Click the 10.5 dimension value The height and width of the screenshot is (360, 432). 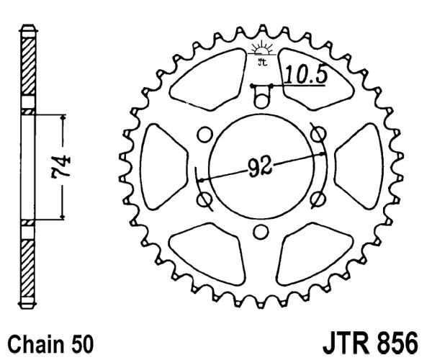pos(306,74)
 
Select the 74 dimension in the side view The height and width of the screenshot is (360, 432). pos(61,167)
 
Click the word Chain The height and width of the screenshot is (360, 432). pos(35,343)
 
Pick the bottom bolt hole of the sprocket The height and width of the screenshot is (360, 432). pos(261,232)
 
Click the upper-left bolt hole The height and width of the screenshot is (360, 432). pos(204,135)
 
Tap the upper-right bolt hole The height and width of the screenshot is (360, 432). pos(318,133)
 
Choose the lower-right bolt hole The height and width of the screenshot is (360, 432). pos(318,199)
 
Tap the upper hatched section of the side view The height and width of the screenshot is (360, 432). pos(29,66)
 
